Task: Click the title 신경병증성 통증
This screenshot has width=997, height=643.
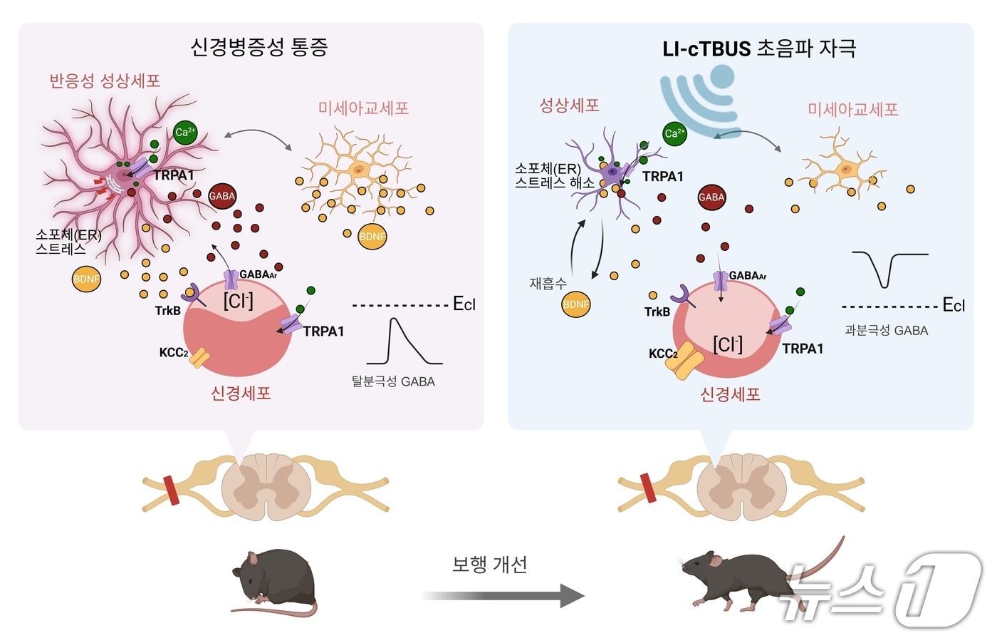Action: coord(259,47)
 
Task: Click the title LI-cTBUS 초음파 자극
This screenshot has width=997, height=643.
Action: coord(759,48)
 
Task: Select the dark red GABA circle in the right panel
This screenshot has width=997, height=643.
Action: coord(711,197)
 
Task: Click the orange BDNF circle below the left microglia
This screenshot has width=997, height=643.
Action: coord(372,237)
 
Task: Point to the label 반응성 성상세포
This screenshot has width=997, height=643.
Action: coord(105,81)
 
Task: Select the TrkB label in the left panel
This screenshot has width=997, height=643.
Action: coord(168,311)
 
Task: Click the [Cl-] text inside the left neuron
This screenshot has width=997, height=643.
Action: coord(238,301)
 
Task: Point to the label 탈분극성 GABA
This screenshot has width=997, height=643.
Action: coord(393,381)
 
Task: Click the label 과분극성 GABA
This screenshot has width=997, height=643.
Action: coord(886,330)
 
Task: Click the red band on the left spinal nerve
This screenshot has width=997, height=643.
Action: coord(172,490)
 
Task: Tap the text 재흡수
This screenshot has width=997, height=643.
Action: coord(548,283)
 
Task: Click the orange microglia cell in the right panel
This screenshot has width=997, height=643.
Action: coord(844,168)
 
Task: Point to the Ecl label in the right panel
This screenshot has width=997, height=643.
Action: coord(954,306)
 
